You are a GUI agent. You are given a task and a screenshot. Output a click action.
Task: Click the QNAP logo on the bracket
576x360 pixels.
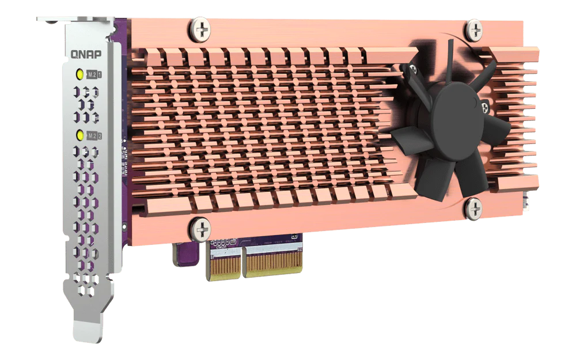[86, 54]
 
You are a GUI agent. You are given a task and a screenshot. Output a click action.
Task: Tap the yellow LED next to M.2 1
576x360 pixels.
[79, 74]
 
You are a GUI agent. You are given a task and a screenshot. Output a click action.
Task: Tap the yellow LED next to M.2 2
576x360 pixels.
[79, 135]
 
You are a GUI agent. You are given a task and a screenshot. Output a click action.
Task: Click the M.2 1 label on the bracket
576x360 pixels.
[94, 74]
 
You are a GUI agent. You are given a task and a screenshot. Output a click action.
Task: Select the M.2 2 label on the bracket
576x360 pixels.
[94, 135]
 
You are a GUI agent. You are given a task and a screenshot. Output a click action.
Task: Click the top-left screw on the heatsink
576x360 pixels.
[200, 29]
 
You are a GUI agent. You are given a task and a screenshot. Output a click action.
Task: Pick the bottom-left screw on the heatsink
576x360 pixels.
[201, 230]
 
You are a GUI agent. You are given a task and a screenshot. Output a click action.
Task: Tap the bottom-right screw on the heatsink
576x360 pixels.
[473, 209]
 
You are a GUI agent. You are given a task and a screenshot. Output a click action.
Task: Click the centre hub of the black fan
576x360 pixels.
[457, 115]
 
